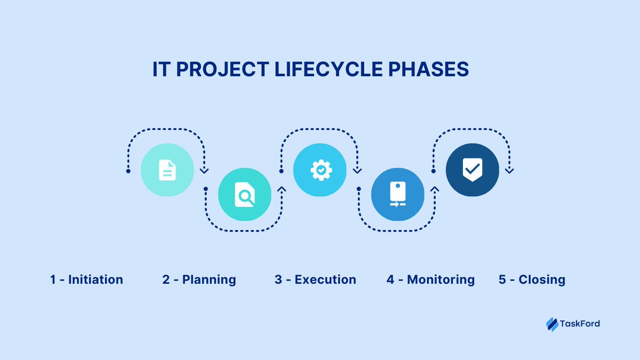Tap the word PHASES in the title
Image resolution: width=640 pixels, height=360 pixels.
[x=430, y=70]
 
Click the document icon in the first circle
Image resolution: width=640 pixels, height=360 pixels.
[x=167, y=170]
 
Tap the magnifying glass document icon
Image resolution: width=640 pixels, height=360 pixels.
[x=245, y=195]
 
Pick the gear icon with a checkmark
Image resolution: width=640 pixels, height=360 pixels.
[x=321, y=170]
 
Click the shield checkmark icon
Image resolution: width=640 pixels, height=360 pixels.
[x=472, y=170]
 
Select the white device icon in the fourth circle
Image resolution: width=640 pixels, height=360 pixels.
[x=397, y=195]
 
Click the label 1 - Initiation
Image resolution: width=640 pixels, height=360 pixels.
[x=87, y=279]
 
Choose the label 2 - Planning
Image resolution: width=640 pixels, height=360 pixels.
[x=199, y=279]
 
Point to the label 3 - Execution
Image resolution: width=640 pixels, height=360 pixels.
[x=315, y=279]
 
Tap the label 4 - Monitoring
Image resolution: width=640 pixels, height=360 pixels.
[x=430, y=279]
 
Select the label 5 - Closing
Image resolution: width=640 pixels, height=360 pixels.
[x=532, y=279]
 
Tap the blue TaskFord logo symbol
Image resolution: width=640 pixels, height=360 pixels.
[x=551, y=323]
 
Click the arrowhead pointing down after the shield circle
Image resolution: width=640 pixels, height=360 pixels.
[x=509, y=171]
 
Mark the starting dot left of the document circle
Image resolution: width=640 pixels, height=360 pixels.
[x=128, y=171]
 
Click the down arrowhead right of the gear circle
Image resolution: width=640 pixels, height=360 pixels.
[x=357, y=171]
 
